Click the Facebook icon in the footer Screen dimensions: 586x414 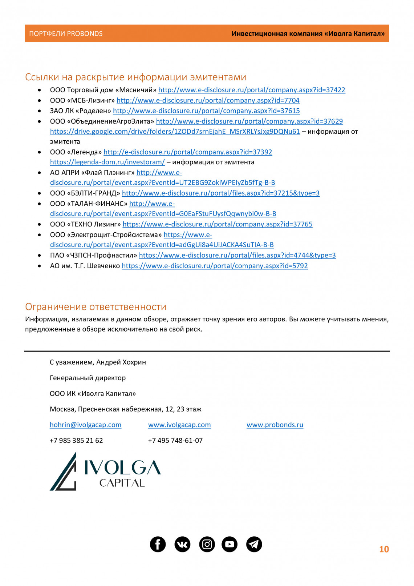click(158, 544)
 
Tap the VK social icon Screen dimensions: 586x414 click(182, 544)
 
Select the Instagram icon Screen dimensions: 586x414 click(207, 544)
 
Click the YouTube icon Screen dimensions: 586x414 click(230, 544)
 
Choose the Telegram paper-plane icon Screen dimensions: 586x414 click(254, 544)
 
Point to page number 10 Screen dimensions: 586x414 click(384, 549)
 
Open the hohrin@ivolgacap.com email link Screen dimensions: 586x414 click(85, 425)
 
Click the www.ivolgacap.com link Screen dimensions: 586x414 click(179, 425)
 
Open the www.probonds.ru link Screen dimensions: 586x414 click(275, 425)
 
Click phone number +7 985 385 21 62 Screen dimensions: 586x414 click(76, 440)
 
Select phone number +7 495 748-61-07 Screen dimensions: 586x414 click(175, 440)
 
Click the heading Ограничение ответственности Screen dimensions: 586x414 click(96, 306)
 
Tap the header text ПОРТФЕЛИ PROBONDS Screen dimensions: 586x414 click(66, 33)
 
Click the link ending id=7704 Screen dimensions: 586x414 click(208, 100)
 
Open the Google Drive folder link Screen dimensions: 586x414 click(175, 132)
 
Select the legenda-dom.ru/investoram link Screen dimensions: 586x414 click(107, 162)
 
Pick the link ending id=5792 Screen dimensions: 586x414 click(215, 266)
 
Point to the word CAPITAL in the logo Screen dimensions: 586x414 click(122, 483)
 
